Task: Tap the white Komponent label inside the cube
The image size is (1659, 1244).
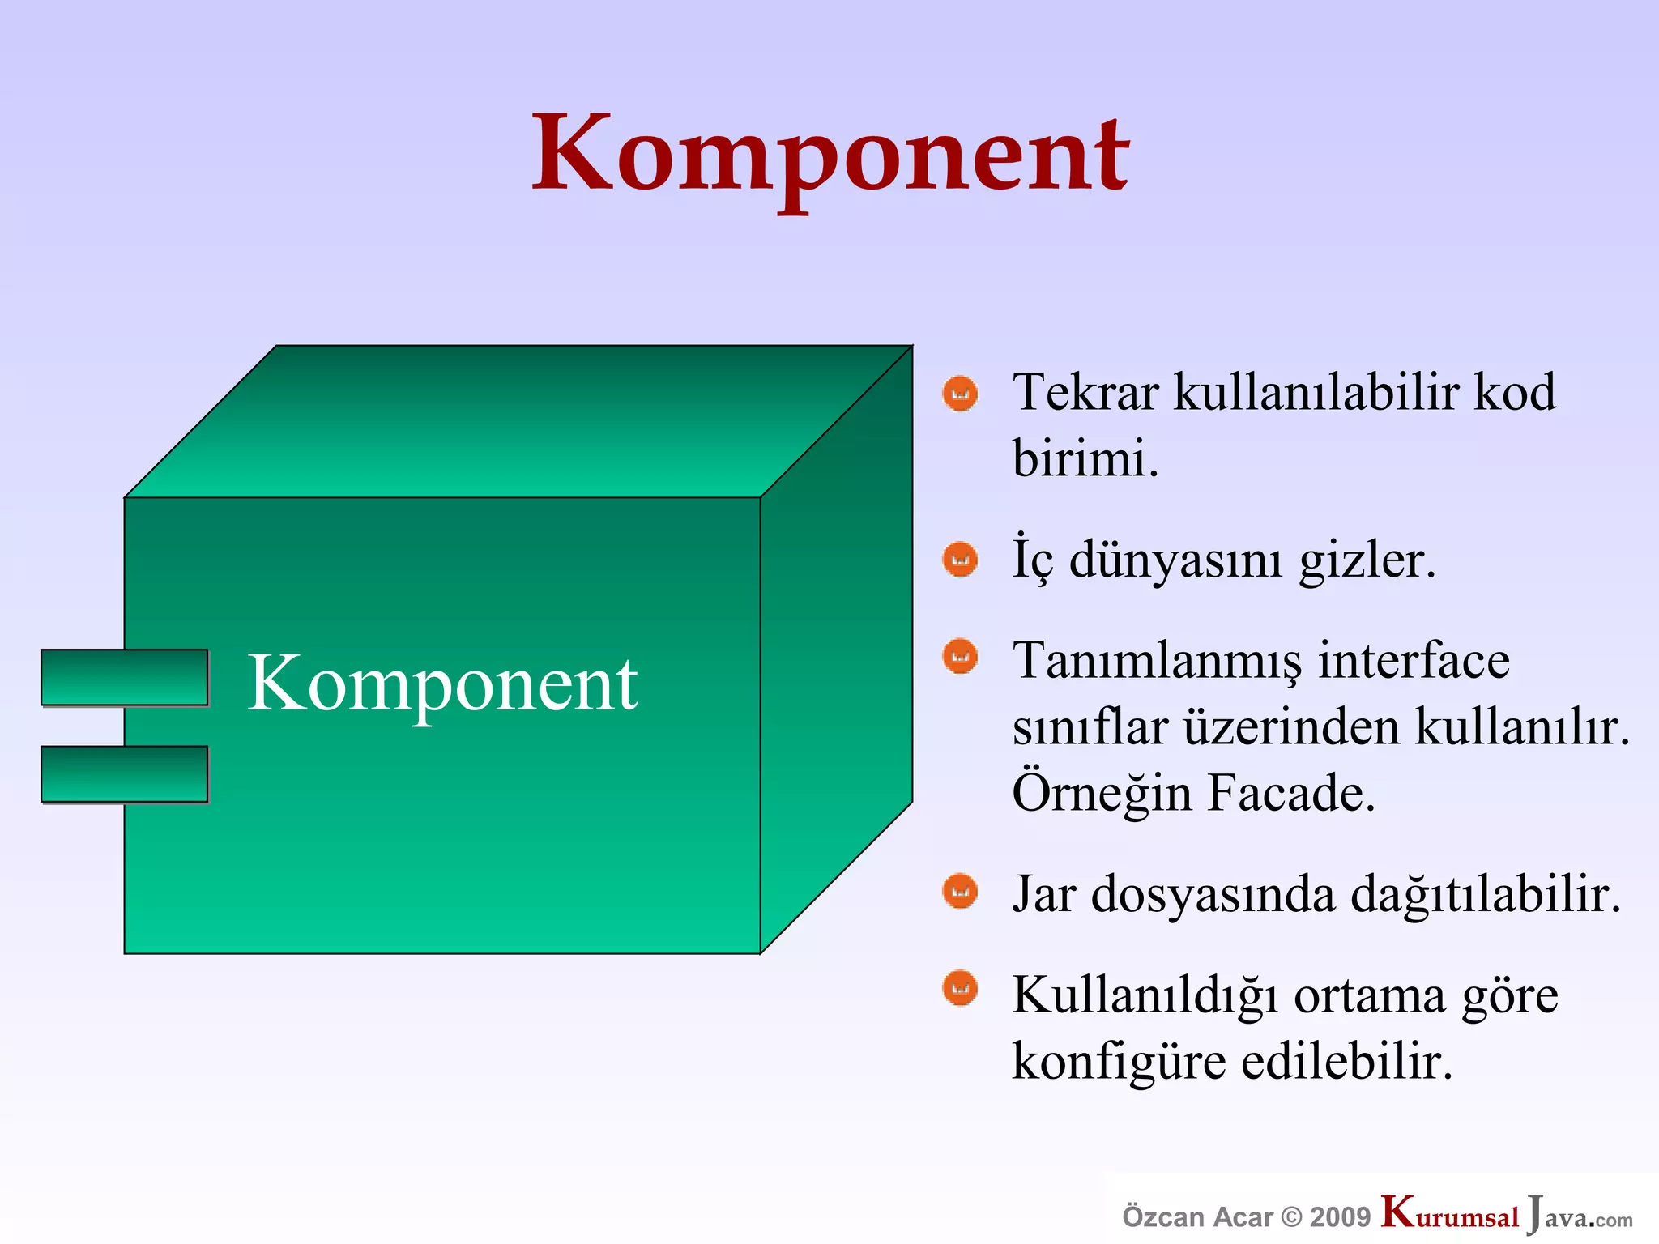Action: pyautogui.click(x=442, y=684)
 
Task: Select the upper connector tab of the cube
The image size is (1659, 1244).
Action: pyautogui.click(x=125, y=677)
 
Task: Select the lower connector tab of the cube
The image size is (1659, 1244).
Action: pyautogui.click(x=125, y=773)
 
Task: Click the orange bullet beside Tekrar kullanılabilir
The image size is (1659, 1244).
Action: pyautogui.click(x=960, y=394)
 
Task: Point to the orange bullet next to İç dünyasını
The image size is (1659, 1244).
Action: pyautogui.click(x=960, y=559)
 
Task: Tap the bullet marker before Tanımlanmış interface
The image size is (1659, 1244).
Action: pyautogui.click(x=960, y=656)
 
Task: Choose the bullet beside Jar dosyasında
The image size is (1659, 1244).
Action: pyautogui.click(x=960, y=892)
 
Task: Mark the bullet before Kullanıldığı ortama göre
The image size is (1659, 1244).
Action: pyautogui.click(x=960, y=988)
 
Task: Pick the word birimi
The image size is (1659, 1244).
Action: pyautogui.click(x=1084, y=458)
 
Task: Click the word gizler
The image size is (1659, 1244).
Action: pyautogui.click(x=1367, y=560)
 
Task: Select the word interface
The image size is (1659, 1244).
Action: pyautogui.click(x=1414, y=660)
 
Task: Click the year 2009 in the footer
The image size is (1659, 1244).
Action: pyautogui.click(x=1340, y=1217)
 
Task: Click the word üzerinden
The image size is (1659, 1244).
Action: pyautogui.click(x=1291, y=726)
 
